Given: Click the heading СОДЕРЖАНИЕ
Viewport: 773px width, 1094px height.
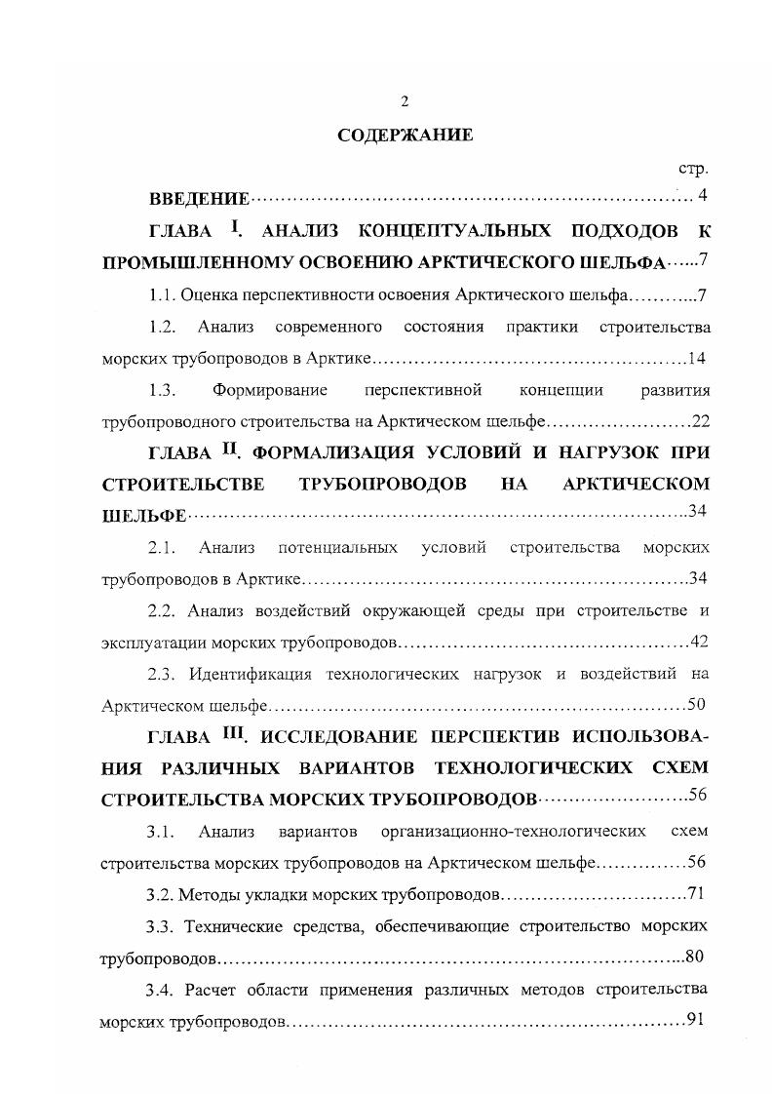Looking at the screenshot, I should [x=406, y=136].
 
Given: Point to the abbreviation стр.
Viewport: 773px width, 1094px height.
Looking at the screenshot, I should [x=691, y=168].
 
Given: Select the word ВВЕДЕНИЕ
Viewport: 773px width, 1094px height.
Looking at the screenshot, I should [x=199, y=200].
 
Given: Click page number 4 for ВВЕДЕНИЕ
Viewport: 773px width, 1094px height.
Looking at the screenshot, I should [x=702, y=196].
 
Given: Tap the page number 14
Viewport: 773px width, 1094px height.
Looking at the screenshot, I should [x=696, y=358].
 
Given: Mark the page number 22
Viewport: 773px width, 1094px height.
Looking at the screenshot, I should [x=700, y=421].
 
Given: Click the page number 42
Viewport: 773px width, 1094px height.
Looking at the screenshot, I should [x=698, y=641].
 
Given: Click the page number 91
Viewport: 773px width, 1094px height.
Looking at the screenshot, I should [x=696, y=1018].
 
